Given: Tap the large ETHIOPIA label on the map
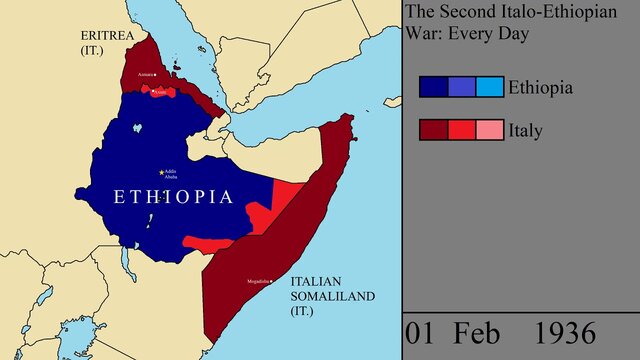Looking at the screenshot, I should point(174,196).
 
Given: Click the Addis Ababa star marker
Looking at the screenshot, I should point(162,172).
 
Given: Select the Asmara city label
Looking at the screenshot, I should point(145,75).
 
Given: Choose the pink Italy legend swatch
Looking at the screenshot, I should point(490,130).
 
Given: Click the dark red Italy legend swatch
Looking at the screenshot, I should point(433,130).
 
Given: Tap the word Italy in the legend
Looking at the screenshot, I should point(526,130).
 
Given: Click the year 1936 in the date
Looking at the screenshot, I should point(565,332).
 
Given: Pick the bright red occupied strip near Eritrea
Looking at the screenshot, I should point(159,92).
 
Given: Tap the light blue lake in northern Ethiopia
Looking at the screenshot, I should point(135,130).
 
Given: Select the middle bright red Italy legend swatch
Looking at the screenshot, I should point(461,130).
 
